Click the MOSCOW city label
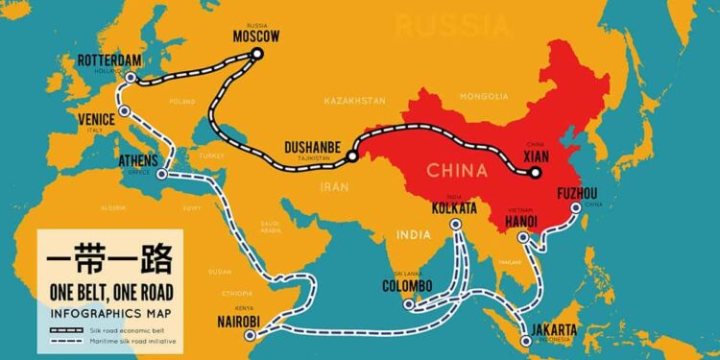(x=255, y=36)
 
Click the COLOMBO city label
(x=407, y=286)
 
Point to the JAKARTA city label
(x=550, y=332)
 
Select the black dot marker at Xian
(x=536, y=173)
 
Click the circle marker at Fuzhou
(x=576, y=207)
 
